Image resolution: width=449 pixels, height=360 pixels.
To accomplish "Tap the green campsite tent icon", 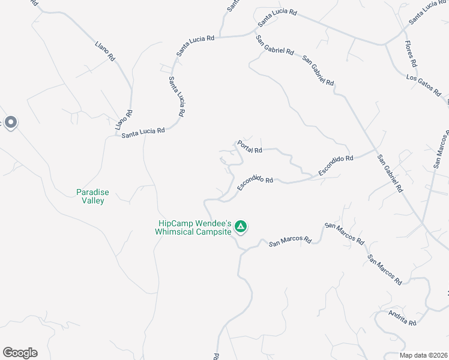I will coord(240,227).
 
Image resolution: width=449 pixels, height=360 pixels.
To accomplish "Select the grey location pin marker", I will coord(11,123).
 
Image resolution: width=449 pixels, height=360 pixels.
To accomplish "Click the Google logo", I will coord(20,353).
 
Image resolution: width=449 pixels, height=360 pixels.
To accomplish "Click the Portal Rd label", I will coord(250,146).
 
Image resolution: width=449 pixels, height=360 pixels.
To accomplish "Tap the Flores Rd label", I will coord(411,54).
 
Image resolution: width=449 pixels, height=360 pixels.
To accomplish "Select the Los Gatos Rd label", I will coord(423,85).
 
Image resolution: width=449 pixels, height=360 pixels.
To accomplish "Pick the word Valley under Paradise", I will coord(92,200).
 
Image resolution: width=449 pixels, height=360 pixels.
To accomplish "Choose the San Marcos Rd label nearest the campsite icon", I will coord(290,242).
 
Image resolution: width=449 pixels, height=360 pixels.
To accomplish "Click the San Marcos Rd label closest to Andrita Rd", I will coord(385,270).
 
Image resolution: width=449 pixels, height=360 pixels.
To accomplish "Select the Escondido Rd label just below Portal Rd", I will coord(255,183).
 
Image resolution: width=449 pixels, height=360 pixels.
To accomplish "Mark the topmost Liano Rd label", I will coord(105,50).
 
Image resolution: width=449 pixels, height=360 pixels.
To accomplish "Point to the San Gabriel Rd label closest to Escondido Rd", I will coord(390,173).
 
